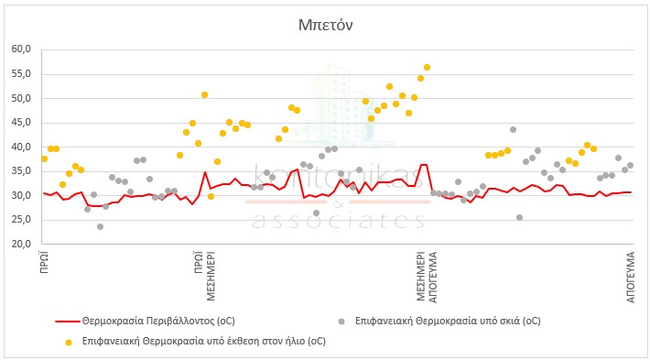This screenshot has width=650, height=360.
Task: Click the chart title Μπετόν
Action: coord(325,26)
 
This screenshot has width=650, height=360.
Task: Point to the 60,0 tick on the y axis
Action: coord(22,49)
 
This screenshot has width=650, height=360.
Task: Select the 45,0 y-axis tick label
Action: coord(22,123)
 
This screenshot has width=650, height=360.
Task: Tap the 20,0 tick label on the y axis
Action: coord(22,244)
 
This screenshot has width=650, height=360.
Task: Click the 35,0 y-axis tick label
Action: coord(22,171)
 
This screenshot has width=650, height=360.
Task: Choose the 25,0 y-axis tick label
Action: coord(22,220)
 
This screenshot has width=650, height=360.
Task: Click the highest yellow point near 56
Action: coord(427,67)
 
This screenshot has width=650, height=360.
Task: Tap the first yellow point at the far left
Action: coord(44,158)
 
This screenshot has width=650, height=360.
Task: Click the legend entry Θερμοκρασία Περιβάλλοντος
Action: coord(158,321)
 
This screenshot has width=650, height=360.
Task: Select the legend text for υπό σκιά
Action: coord(448,321)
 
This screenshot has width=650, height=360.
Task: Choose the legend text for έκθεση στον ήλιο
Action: coord(204,341)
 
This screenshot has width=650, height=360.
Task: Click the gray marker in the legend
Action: coord(341,322)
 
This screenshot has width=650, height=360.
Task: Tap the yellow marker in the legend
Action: coord(69,343)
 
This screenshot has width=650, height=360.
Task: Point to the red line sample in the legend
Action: coord(67,322)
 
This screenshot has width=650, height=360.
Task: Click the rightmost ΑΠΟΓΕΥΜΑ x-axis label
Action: coord(631,277)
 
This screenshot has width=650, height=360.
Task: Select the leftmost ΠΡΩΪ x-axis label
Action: coord(44,261)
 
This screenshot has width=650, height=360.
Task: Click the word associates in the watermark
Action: coord(338,221)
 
